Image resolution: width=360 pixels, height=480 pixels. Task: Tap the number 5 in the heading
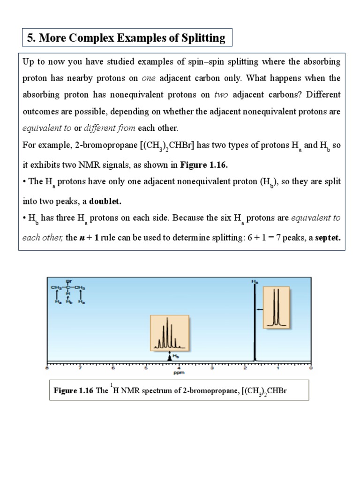click(x=30, y=38)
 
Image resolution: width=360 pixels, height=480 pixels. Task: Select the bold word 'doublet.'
click(x=105, y=201)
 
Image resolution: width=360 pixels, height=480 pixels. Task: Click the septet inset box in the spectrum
click(x=169, y=333)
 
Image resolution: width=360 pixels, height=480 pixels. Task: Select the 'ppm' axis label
click(x=179, y=374)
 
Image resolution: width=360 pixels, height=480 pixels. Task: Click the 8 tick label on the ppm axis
click(x=47, y=369)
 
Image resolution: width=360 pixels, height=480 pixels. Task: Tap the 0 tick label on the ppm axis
click(x=311, y=369)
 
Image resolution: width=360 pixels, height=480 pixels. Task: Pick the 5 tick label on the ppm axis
click(x=146, y=369)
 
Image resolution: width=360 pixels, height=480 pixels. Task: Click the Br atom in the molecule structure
click(x=69, y=282)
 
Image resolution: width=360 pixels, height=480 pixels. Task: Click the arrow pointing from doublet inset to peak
click(x=260, y=309)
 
